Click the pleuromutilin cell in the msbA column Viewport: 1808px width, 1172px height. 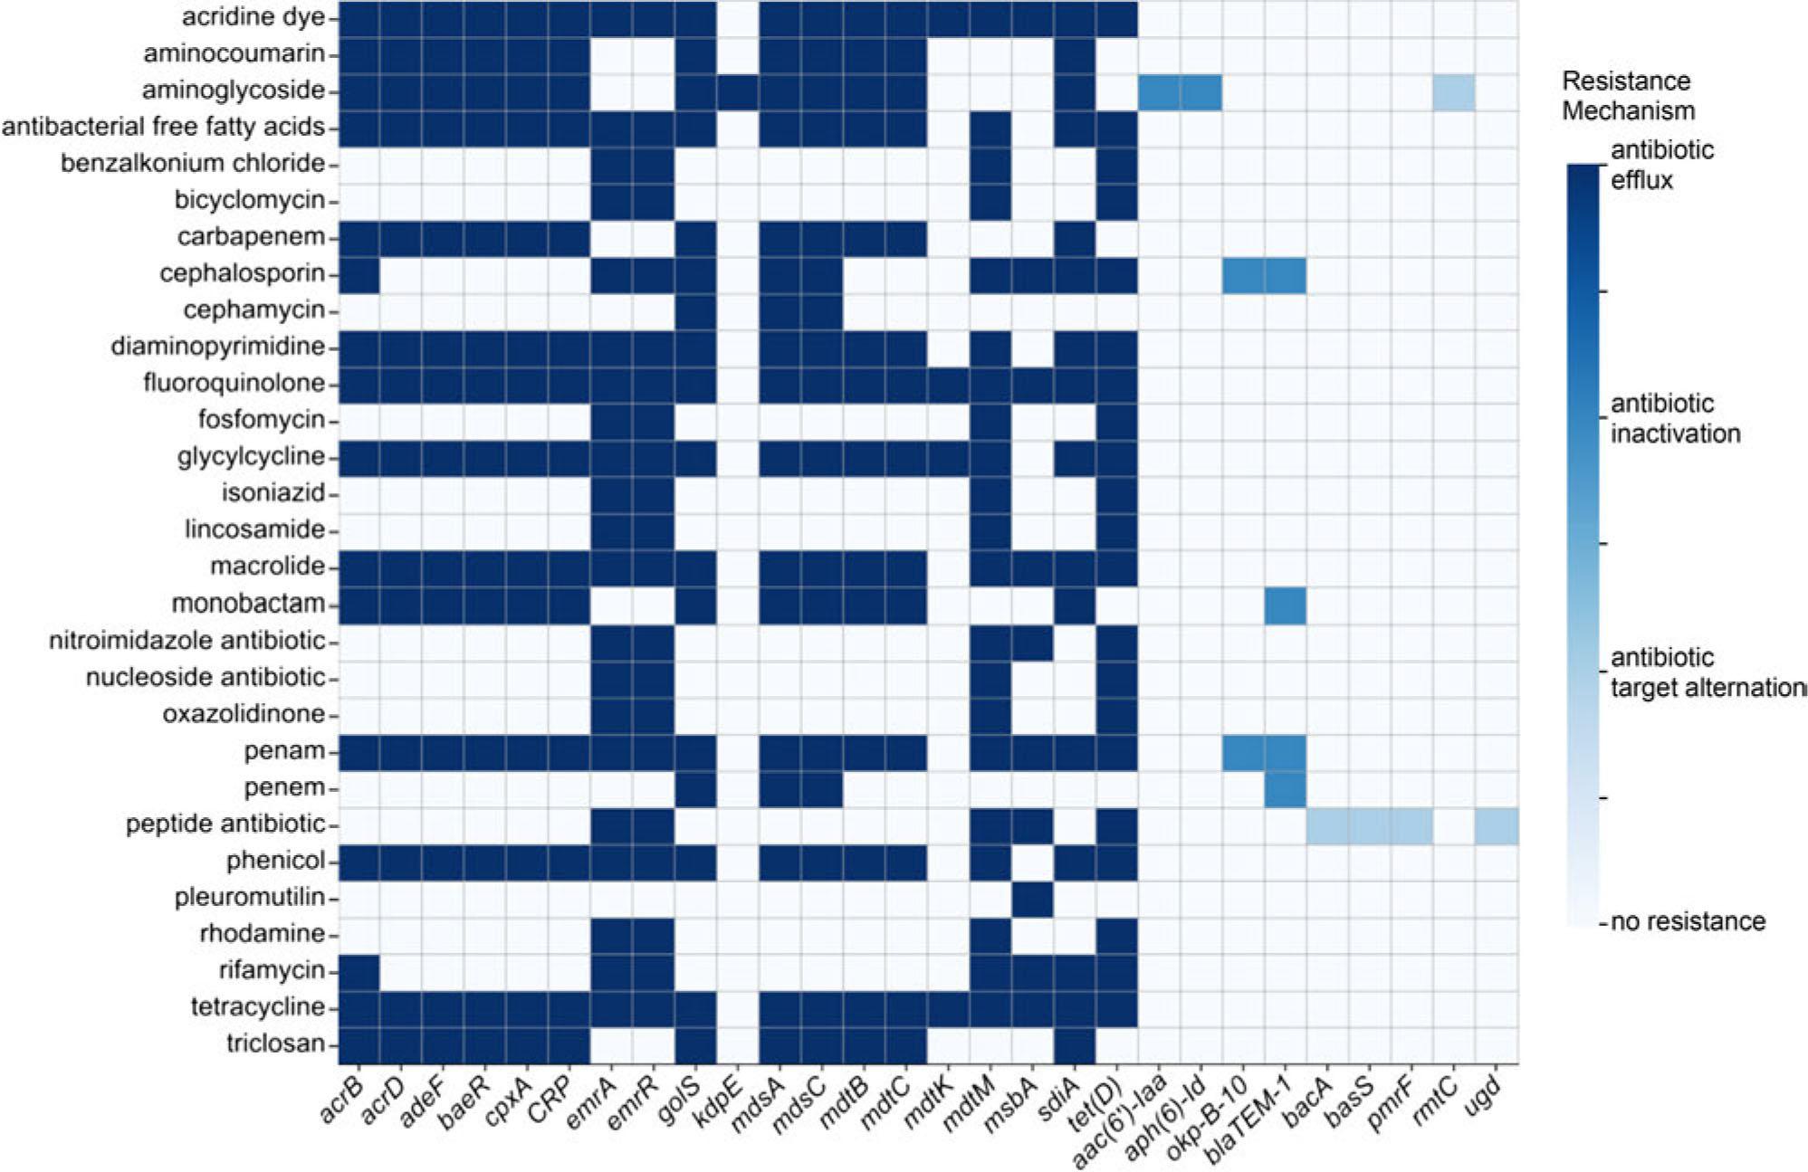point(1032,897)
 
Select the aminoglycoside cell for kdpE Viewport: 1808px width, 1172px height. point(738,91)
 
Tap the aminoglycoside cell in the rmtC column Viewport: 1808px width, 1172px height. point(1454,91)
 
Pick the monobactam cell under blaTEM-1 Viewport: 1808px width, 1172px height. point(1286,604)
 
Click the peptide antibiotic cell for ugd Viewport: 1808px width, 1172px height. point(1497,824)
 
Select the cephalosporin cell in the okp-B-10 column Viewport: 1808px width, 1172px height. point(1243,274)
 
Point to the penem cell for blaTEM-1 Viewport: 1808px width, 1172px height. point(1286,787)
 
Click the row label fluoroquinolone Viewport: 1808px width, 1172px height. point(234,384)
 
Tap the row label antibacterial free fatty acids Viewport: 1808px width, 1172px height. point(163,127)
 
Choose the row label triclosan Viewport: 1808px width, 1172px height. point(275,1043)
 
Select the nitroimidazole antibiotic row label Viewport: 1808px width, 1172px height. point(187,641)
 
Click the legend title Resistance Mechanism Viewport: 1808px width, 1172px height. point(1627,96)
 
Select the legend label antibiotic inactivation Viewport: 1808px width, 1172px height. point(1675,418)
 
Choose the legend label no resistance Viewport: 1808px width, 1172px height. point(1688,921)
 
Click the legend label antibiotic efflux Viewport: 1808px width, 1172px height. point(1661,165)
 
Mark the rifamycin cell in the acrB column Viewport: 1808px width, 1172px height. point(359,970)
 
